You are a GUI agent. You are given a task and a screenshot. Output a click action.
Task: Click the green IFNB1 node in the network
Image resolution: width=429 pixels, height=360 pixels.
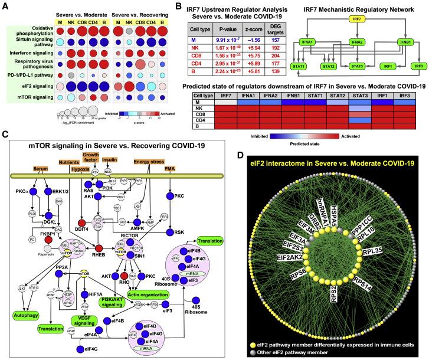click(403, 42)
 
